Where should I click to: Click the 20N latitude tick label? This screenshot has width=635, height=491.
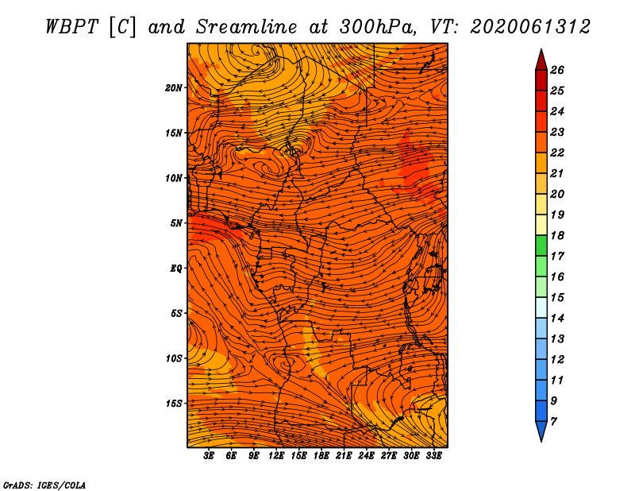click(173, 88)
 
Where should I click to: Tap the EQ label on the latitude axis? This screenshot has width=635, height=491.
click(175, 269)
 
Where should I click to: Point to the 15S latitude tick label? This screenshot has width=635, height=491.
click(174, 404)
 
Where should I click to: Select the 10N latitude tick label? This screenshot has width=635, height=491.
click(173, 178)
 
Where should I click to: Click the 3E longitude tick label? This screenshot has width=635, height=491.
click(209, 456)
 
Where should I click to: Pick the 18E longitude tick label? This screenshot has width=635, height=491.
click(321, 456)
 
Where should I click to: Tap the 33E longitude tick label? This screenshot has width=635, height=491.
click(433, 456)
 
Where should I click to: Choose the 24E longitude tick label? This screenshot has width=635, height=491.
click(366, 456)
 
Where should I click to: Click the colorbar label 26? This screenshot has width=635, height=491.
click(557, 70)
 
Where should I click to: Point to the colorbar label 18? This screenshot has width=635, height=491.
click(557, 235)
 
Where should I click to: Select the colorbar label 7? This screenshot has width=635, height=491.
click(553, 422)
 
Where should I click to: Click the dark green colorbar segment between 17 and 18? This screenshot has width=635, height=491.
click(541, 246)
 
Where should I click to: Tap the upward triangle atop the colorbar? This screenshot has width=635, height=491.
click(541, 60)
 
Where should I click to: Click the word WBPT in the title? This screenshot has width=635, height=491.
click(71, 27)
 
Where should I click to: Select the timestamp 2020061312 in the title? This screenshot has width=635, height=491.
click(530, 27)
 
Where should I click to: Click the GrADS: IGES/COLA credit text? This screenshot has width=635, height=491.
click(44, 485)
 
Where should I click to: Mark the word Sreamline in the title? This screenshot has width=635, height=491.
click(247, 27)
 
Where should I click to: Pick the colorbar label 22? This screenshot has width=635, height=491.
click(557, 153)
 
